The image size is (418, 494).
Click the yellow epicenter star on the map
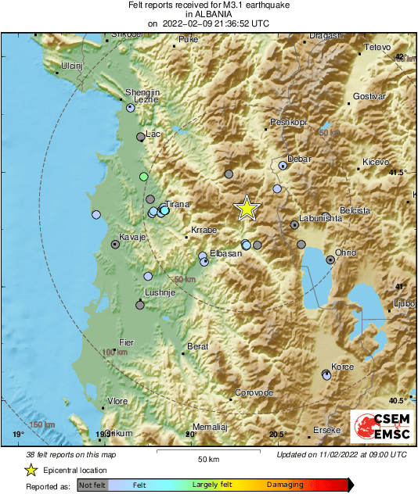click(x=247, y=208)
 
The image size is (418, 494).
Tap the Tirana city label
click(x=178, y=205)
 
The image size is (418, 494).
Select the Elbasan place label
click(x=225, y=254)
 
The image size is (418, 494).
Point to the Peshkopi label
click(x=287, y=123)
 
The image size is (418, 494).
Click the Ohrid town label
click(x=345, y=252)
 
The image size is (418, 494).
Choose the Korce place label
click(x=343, y=367)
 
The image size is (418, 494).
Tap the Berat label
click(x=197, y=346)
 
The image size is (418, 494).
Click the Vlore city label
click(x=117, y=401)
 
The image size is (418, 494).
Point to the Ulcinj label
click(x=71, y=66)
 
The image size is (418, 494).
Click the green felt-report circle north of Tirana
click(x=143, y=177)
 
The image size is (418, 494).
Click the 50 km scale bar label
click(x=207, y=459)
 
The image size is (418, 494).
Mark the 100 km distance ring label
click(x=114, y=353)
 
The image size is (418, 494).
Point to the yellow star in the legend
click(x=31, y=470)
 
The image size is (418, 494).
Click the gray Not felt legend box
click(x=92, y=485)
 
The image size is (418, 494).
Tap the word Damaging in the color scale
click(x=285, y=485)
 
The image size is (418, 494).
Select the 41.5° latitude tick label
click(x=398, y=172)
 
